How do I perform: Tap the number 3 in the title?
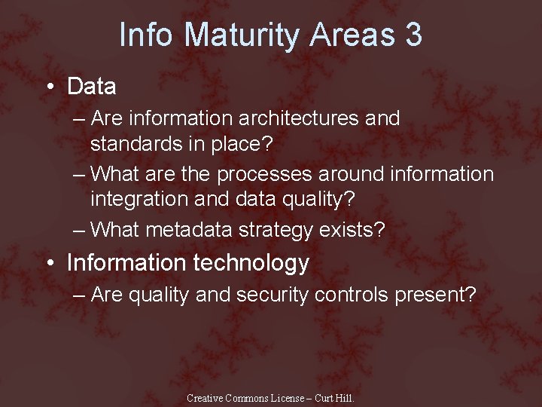pyautogui.click(x=413, y=35)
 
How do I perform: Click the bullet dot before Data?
pyautogui.click(x=50, y=87)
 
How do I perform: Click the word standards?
pyautogui.click(x=140, y=142)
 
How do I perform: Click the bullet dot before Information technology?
pyautogui.click(x=50, y=264)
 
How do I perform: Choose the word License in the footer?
pyautogui.click(x=289, y=398)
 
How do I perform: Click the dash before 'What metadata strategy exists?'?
pyautogui.click(x=80, y=230)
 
